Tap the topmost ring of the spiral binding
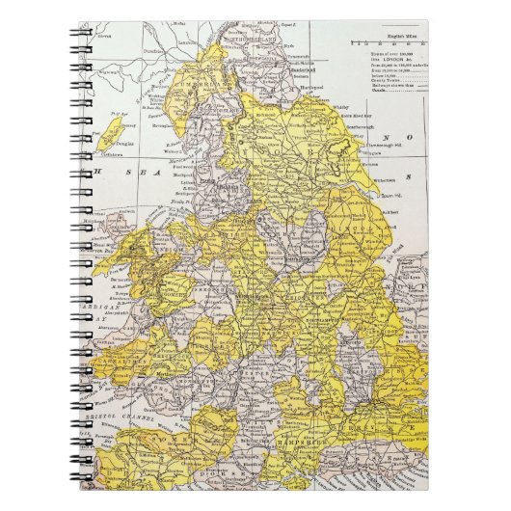(45, 30)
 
